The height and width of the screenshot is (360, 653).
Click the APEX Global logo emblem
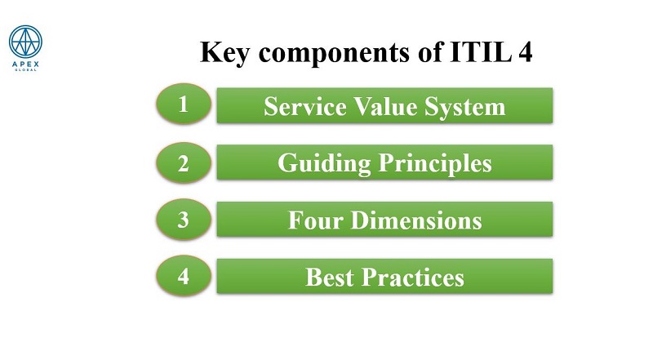pyautogui.click(x=25, y=42)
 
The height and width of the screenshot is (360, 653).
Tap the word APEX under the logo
pyautogui.click(x=25, y=64)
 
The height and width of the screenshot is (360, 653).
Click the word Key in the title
pyautogui.click(x=225, y=52)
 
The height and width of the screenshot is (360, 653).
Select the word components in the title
pyautogui.click(x=334, y=54)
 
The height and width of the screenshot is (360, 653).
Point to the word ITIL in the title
pyautogui.click(x=481, y=51)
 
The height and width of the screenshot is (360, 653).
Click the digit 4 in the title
pyautogui.click(x=526, y=51)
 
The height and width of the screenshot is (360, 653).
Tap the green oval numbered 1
pyautogui.click(x=184, y=104)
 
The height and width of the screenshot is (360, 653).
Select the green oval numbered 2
pyautogui.click(x=184, y=162)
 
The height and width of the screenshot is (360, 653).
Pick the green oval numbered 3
pyautogui.click(x=184, y=219)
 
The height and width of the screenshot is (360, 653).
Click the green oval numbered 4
pyautogui.click(x=184, y=276)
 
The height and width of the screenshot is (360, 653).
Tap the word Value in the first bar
pyautogui.click(x=385, y=106)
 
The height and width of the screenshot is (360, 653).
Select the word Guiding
pyautogui.click(x=324, y=164)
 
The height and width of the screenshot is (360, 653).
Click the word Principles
pyautogui.click(x=435, y=163)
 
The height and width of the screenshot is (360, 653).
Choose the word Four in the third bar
pyautogui.click(x=315, y=220)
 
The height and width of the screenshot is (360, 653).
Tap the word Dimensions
pyautogui.click(x=416, y=220)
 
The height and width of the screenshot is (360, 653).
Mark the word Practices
pyautogui.click(x=413, y=277)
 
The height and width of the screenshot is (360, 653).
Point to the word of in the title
pyautogui.click(x=430, y=51)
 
